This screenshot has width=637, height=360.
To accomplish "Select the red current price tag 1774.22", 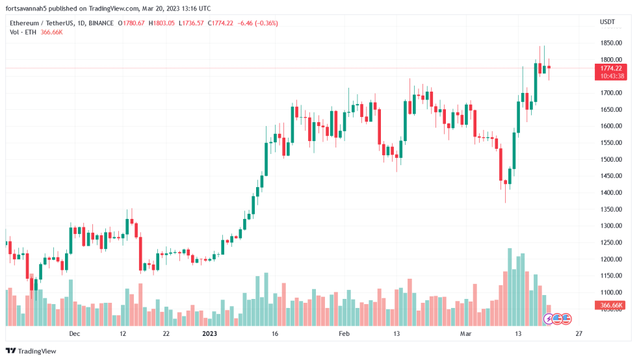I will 610,68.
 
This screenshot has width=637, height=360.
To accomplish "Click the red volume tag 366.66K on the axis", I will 611,305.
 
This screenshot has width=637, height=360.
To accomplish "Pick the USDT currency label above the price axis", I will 607,22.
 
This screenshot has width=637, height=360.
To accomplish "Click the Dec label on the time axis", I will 74,333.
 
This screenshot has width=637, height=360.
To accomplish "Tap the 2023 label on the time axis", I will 209,333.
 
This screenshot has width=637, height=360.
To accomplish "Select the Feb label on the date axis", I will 344,333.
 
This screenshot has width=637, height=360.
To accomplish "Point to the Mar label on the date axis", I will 465,333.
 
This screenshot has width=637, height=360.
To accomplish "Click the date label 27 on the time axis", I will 579,333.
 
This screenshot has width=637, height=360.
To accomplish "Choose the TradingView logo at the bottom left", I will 32,351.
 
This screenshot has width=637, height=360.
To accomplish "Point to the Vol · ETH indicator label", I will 23,32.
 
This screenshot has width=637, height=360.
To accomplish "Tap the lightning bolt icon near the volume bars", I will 549,319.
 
